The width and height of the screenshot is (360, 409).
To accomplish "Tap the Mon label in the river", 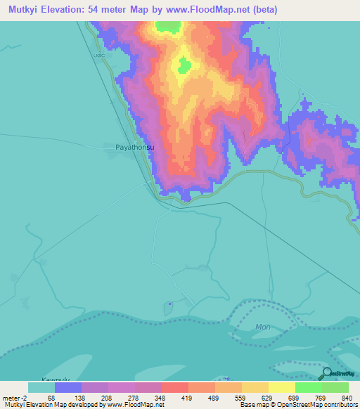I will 262,327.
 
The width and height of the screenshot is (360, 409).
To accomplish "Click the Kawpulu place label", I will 56,377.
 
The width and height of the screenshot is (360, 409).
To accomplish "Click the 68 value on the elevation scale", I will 51,398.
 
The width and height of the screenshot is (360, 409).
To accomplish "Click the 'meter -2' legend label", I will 13,398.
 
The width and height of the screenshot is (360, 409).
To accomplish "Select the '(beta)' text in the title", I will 264,9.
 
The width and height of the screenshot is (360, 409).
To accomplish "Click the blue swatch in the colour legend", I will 68,387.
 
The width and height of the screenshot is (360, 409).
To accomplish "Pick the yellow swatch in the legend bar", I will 281,387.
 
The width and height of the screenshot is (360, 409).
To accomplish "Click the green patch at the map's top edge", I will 168,26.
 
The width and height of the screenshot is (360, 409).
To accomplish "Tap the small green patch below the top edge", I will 184,66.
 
